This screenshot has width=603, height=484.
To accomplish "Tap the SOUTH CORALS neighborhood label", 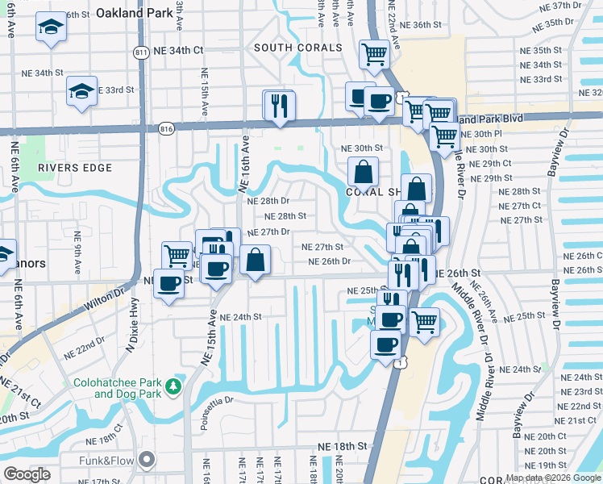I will [298, 48].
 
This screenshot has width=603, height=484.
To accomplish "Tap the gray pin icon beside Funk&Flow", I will [147, 461].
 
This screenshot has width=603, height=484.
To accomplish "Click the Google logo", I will [27, 474].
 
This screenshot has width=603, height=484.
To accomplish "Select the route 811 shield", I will [141, 52].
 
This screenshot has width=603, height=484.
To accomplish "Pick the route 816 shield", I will [167, 128].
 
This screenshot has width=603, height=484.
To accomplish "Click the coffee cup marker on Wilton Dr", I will [169, 284].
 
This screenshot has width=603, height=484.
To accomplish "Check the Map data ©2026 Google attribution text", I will [552, 478].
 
